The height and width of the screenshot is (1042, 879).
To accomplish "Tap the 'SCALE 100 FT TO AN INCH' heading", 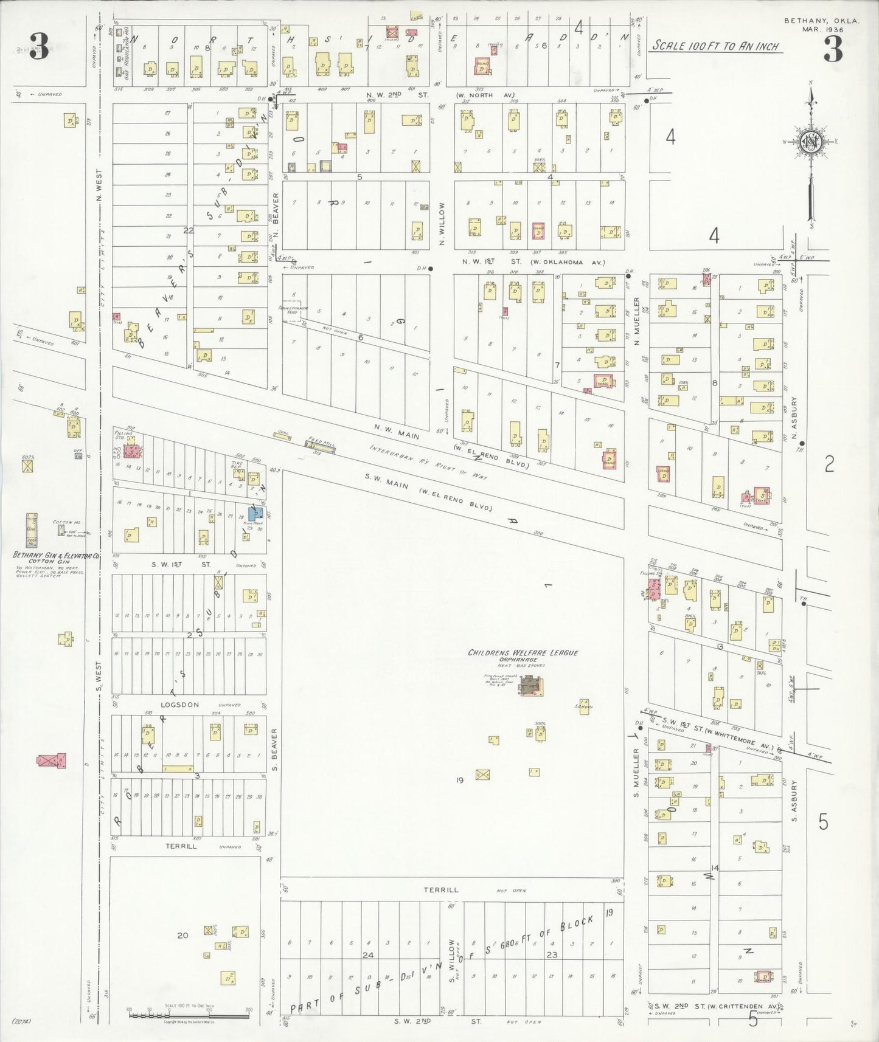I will tap(715, 46).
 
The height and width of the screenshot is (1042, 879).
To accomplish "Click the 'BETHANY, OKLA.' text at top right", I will tap(821, 21).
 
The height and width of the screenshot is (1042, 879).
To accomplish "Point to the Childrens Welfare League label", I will tap(523, 652).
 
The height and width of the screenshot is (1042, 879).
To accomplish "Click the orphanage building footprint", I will tap(532, 686).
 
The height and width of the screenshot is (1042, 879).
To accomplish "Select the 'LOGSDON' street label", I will tap(179, 705).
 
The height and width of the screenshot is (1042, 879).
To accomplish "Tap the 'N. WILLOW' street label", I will tap(442, 224).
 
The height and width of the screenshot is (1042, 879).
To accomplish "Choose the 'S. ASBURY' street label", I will tap(794, 801).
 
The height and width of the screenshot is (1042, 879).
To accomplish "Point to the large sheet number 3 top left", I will tap(38, 47).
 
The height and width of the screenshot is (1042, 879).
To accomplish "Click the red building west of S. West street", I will tap(52, 761).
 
